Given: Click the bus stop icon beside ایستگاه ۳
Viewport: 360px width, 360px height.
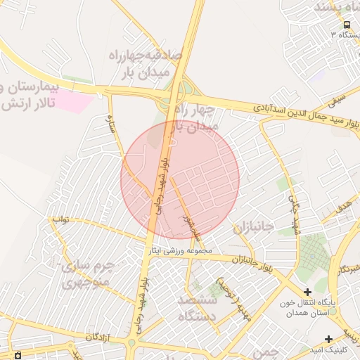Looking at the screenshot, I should (x=347, y=25).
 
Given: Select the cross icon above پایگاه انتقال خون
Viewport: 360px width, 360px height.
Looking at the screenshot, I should (x=307, y=292).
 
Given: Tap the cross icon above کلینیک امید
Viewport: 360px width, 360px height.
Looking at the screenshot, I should (x=328, y=339).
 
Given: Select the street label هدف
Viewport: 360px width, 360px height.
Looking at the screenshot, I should (x=342, y=208).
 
